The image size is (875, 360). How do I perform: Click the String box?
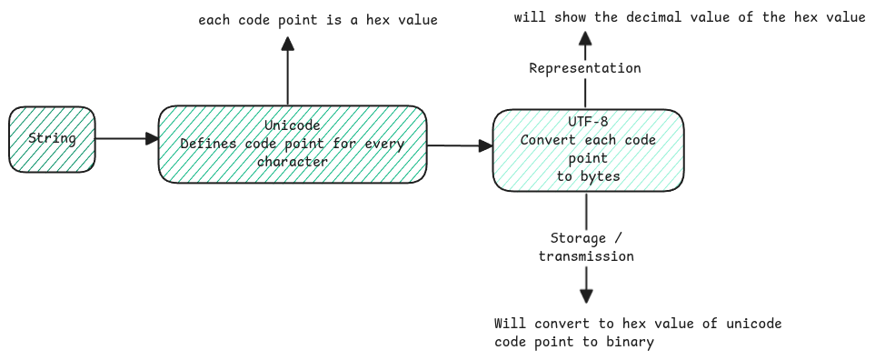tap(52, 139)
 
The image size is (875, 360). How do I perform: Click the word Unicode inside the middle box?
tap(292, 125)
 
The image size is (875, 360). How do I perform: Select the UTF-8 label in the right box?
tap(586, 122)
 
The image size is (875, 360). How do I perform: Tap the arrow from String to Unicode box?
tap(126, 139)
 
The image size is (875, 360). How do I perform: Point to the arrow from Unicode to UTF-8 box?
tap(459, 145)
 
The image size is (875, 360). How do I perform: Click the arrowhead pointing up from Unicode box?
tap(287, 43)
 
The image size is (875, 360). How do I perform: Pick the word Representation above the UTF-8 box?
tap(585, 68)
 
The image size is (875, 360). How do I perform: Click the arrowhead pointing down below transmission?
tap(586, 295)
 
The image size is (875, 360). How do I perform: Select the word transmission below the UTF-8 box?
tap(586, 256)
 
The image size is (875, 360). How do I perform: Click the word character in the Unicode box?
tap(292, 161)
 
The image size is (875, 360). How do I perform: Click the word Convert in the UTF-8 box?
tap(551, 140)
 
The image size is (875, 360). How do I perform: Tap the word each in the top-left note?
tap(214, 19)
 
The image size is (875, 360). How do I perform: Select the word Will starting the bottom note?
tap(509, 324)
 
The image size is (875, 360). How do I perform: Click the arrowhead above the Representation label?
tap(585, 37)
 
